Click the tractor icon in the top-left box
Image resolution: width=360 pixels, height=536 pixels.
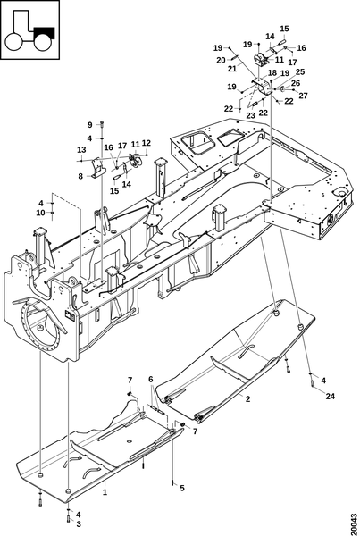click(x=29, y=31)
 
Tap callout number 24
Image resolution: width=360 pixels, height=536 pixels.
click(x=331, y=396)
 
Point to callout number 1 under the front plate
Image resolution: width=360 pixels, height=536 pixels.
click(x=105, y=492)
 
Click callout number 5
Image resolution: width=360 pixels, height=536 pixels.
click(x=182, y=488)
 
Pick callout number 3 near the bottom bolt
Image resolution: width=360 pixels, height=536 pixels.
click(x=151, y=379)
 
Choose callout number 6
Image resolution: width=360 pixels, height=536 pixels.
click(x=90, y=125)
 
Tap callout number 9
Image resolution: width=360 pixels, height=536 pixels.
click(x=41, y=213)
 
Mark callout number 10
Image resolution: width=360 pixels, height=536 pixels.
click(x=81, y=150)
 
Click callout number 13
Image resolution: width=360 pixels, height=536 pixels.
click(x=80, y=176)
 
